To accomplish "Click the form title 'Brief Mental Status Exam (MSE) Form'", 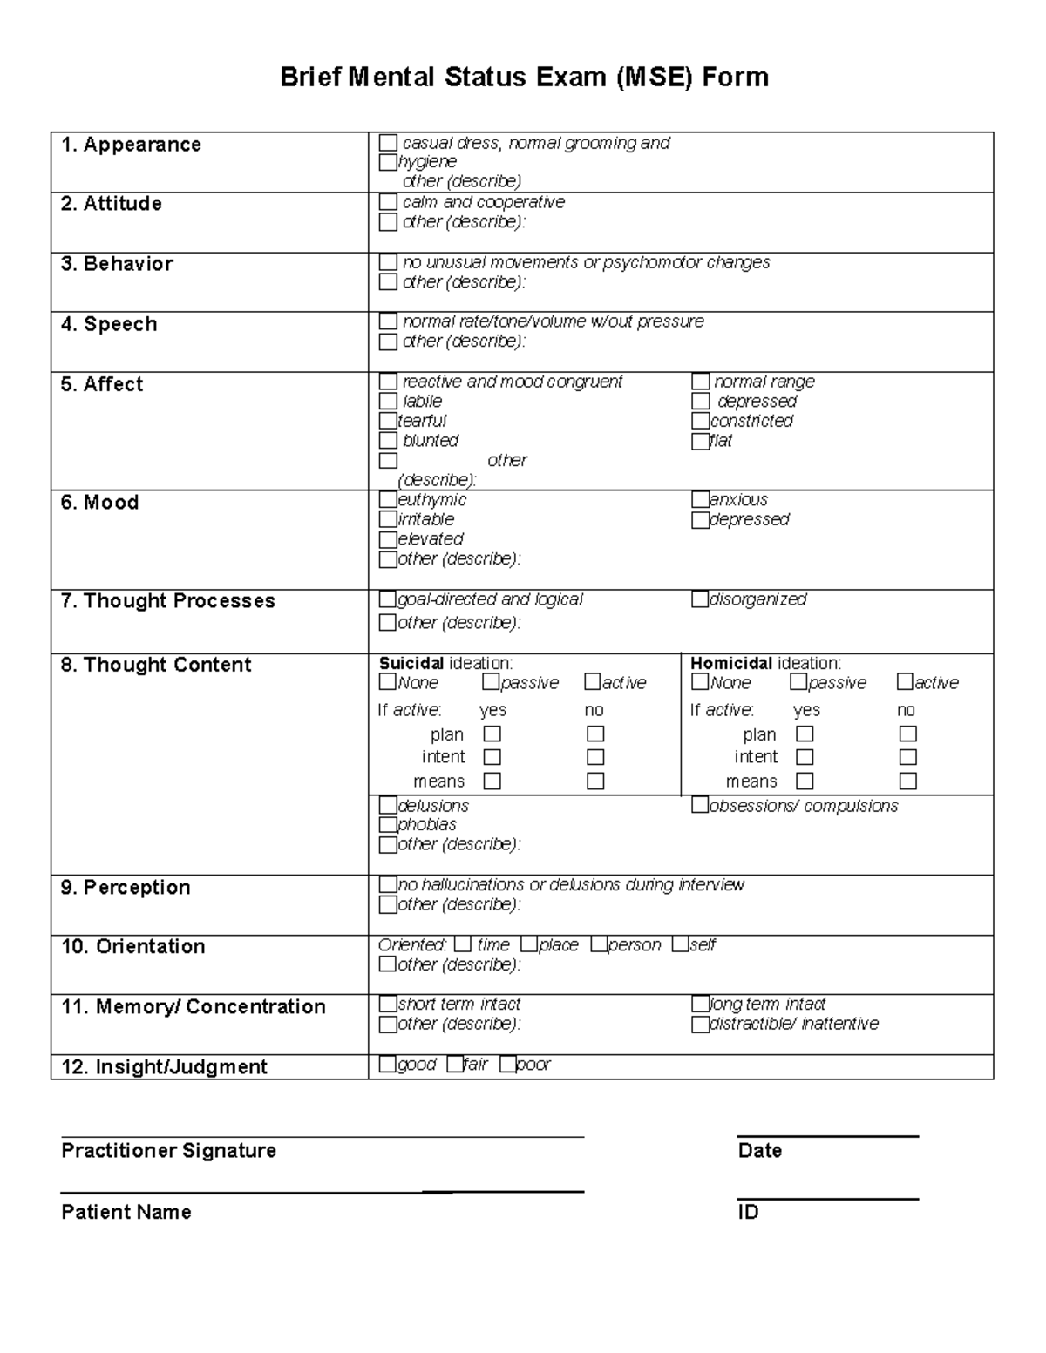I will pos(524,77).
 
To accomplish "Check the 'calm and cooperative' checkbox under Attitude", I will pos(389,202).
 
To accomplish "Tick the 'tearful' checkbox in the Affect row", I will pos(389,421).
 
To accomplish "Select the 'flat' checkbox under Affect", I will pos(700,441).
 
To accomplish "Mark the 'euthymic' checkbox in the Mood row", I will pos(389,500).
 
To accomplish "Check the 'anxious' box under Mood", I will pos(700,500).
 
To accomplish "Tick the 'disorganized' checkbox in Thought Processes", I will pos(700,599).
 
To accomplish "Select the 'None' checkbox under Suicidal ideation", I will pos(388,682).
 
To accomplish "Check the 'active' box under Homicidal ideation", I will pos(905,682).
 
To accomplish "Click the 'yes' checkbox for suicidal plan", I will pos(492,734).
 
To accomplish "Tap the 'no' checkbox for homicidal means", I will pos(908,781).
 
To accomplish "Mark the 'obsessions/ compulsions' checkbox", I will pos(700,806).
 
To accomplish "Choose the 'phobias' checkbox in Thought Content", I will pos(389,824).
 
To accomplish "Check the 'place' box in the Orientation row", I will pos(530,944).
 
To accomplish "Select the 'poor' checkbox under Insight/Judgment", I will pos(508,1064).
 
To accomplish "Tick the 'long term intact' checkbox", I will pos(700,1005).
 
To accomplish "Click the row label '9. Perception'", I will pos(126,887).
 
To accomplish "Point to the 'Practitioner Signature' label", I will pos(168,1150).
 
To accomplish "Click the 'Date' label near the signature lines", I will pos(759,1150).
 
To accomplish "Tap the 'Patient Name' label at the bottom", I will pos(126,1212).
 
